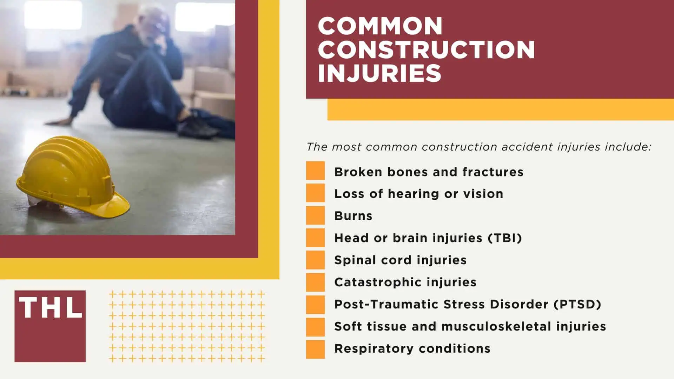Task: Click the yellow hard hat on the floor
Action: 72,175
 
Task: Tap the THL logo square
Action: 50,326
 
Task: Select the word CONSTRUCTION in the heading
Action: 426,49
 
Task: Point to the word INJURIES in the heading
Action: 379,73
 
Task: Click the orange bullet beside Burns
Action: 315,215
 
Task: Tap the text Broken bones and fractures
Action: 429,172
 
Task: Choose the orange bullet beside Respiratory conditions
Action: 315,349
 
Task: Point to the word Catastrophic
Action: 370,282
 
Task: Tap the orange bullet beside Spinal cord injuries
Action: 315,260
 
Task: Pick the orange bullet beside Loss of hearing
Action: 315,193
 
